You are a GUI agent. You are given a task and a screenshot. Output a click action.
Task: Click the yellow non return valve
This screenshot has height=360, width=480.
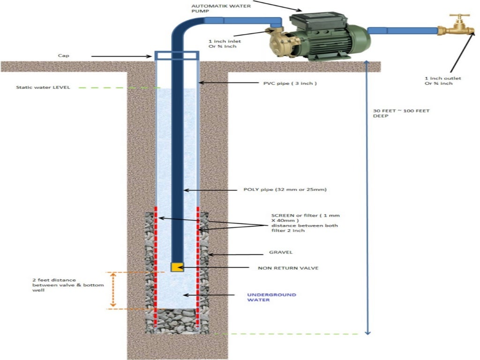click(177, 267)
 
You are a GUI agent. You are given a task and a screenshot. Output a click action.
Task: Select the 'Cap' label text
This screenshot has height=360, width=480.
click(64, 55)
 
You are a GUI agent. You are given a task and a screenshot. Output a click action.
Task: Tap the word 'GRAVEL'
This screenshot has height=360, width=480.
click(281, 252)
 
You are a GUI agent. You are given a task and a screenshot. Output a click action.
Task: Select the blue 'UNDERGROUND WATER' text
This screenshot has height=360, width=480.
click(265, 297)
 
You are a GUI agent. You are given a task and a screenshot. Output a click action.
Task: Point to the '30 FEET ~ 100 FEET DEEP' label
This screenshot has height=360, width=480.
click(401, 113)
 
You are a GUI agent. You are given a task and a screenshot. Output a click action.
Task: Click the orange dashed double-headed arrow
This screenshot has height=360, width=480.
click(112, 290)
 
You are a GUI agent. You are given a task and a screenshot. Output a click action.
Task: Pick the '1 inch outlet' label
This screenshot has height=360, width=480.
click(441, 81)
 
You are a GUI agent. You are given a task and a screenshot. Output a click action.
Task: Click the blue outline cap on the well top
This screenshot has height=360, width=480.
click(176, 56)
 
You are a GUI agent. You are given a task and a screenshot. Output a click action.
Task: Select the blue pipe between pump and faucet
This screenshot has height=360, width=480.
click(403, 30)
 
